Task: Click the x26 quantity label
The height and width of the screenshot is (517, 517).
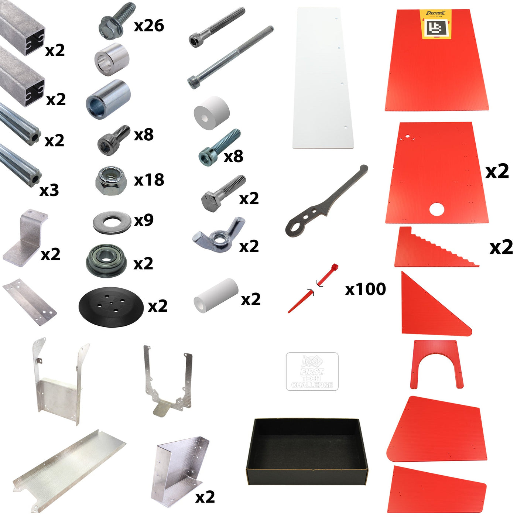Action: coord(149,26)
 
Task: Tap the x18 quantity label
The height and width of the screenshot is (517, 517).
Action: coord(149,180)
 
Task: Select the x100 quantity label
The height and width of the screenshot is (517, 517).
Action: coord(365,289)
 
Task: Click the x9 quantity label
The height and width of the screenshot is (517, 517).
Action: coord(144,220)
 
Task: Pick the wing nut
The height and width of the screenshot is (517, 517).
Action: coord(219,235)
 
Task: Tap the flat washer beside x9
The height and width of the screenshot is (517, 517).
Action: coord(112,222)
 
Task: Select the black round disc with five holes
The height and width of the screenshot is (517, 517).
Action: coord(111,307)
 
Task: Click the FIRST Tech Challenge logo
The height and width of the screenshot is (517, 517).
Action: coord(312,372)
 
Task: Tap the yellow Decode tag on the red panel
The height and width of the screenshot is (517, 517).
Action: coord(436,24)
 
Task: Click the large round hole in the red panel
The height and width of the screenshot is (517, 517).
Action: coord(436,209)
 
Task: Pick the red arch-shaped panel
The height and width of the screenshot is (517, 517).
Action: coord(436,364)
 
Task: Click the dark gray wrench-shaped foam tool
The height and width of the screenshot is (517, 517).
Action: coord(325,203)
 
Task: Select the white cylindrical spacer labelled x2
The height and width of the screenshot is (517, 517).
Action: coord(216,295)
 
